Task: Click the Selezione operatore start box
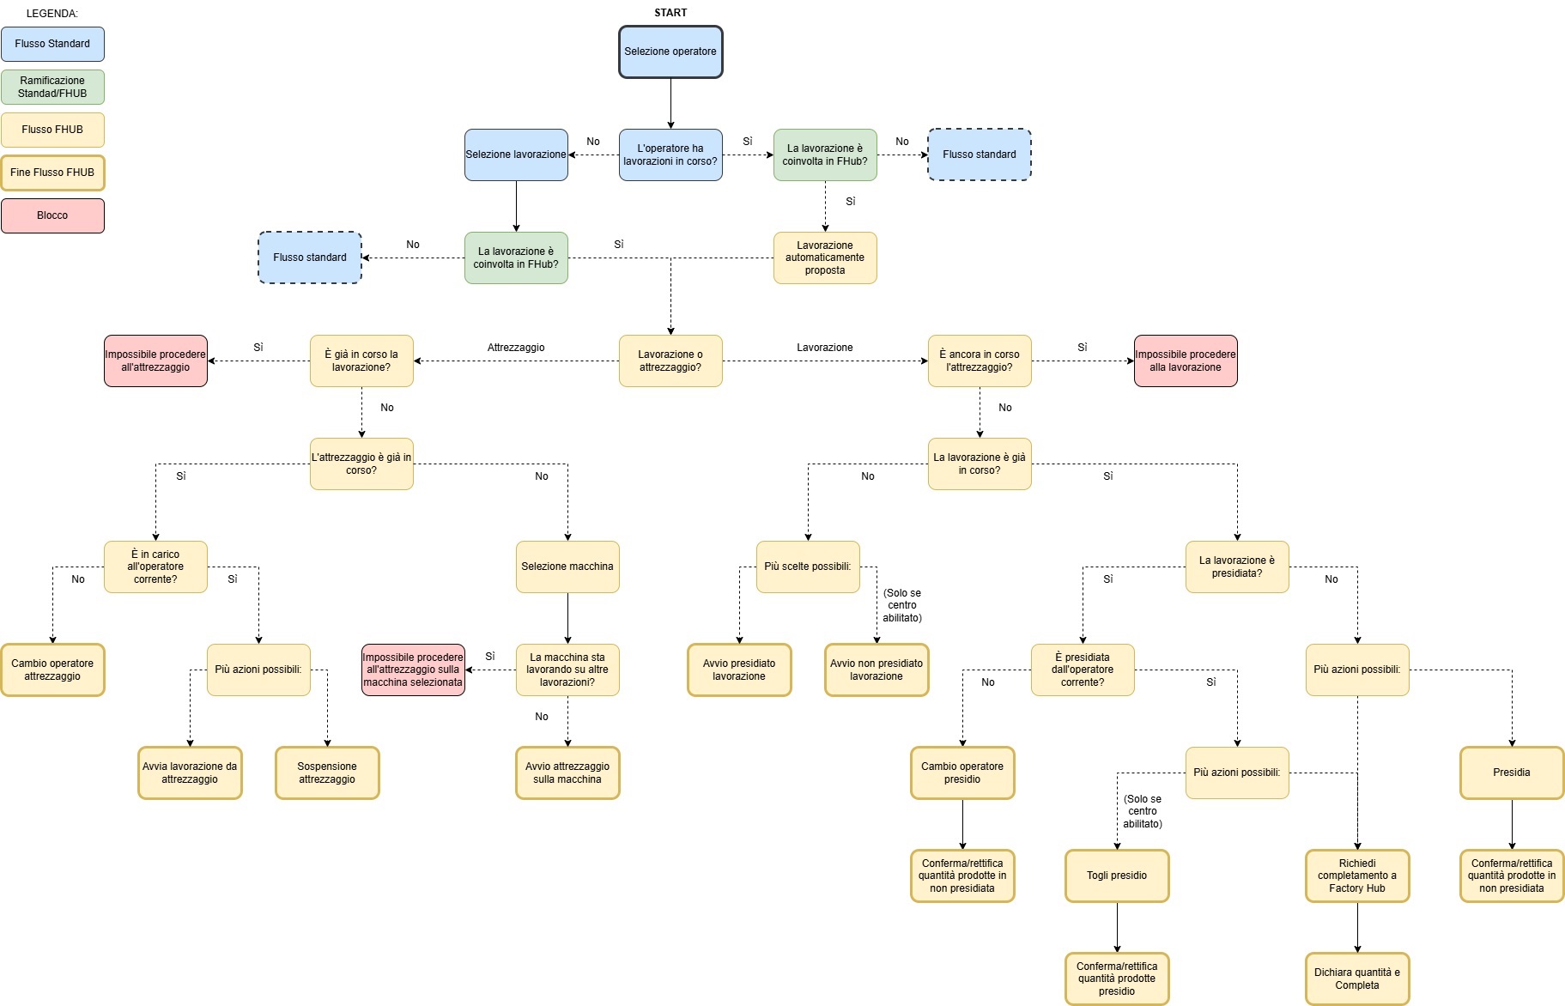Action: (x=670, y=52)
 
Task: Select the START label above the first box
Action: (x=670, y=13)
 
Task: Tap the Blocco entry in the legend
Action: (x=52, y=215)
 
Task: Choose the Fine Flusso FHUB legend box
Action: (x=52, y=173)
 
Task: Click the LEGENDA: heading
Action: (x=52, y=14)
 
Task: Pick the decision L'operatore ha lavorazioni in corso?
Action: (x=670, y=155)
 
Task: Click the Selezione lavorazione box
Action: (x=516, y=155)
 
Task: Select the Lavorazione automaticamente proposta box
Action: (x=825, y=258)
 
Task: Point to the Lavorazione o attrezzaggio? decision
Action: (x=670, y=361)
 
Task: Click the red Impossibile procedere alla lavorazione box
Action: (x=1186, y=361)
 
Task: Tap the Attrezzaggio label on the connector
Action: (x=516, y=348)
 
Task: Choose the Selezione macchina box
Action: (x=567, y=567)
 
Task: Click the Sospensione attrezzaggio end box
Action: (x=327, y=773)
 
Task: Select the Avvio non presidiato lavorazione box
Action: (x=877, y=670)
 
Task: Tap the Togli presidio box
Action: (x=1117, y=876)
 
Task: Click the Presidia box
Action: (x=1512, y=773)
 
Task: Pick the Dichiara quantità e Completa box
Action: (x=1357, y=979)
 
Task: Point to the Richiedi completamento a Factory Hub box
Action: (x=1357, y=876)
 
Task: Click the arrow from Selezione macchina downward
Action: (x=567, y=618)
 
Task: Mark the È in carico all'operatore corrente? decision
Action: (x=155, y=567)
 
